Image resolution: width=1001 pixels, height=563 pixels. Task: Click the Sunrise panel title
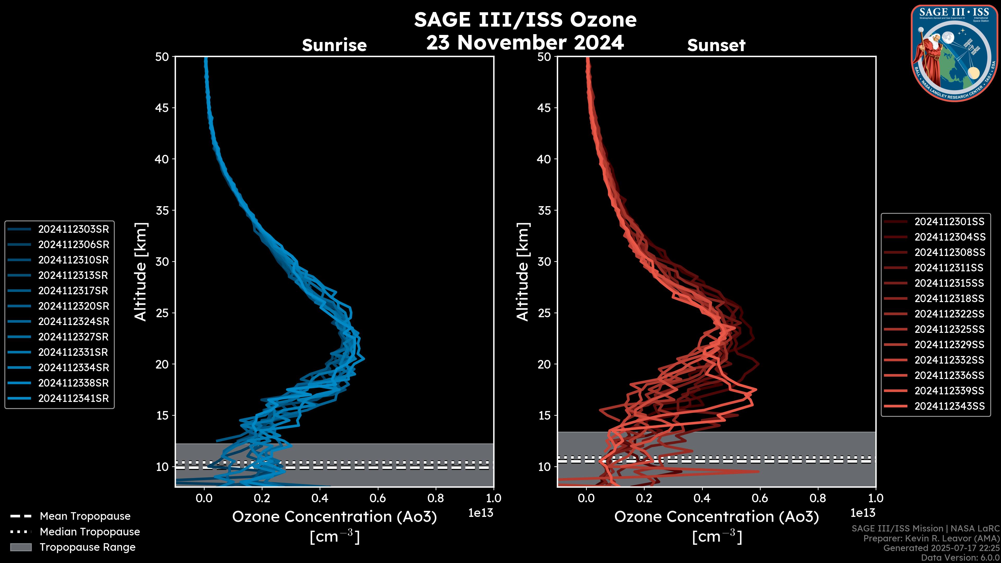tap(334, 45)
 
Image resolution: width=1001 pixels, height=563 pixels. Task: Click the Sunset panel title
tap(716, 45)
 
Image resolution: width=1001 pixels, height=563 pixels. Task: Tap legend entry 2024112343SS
tap(949, 406)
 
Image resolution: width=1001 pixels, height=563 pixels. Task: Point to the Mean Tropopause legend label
tap(85, 516)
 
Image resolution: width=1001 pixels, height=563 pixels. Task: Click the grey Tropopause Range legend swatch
tap(21, 547)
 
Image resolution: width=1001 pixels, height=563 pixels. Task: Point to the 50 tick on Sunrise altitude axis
tap(162, 57)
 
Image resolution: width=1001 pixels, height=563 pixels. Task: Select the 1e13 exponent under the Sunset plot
tap(863, 513)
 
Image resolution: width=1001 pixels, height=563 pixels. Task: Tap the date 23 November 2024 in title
tap(525, 42)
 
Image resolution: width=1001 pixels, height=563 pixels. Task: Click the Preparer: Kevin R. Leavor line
tap(931, 538)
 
